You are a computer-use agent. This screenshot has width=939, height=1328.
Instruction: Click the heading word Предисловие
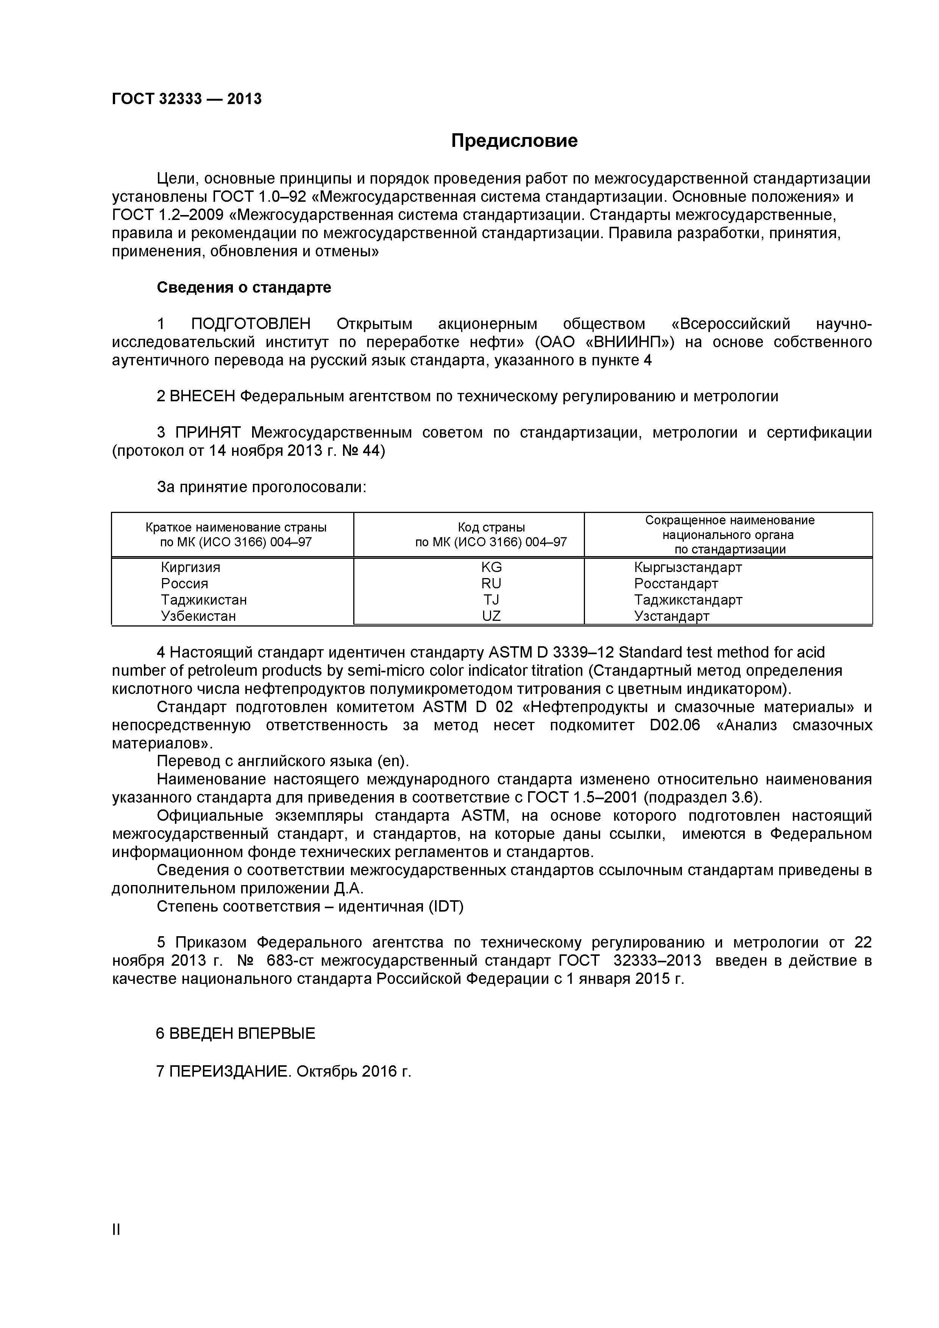point(514,140)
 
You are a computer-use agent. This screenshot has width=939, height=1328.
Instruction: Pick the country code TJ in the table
point(491,600)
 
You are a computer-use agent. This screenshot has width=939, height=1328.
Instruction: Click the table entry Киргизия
point(190,567)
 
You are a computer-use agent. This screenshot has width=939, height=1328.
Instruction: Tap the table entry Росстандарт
point(676,584)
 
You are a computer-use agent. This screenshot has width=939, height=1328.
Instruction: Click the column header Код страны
point(491,527)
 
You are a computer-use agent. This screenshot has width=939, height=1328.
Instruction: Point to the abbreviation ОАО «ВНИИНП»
point(605,343)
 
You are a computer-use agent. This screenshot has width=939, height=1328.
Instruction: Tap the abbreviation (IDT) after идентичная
point(446,906)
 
